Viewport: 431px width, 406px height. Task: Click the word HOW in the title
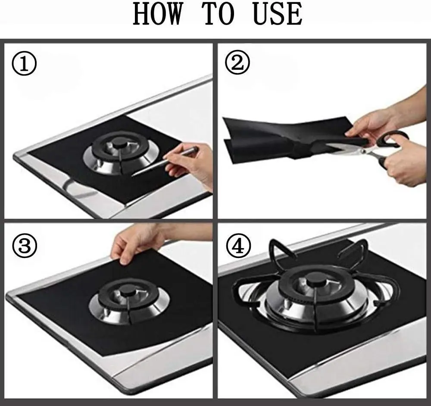pyautogui.click(x=157, y=14)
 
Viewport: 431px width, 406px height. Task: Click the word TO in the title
pyautogui.click(x=219, y=14)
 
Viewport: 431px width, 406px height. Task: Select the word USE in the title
pyautogui.click(x=278, y=14)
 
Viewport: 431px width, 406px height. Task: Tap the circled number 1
pyautogui.click(x=24, y=63)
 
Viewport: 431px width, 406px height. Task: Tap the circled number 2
pyautogui.click(x=237, y=63)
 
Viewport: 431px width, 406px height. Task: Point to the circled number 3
pyautogui.click(x=25, y=246)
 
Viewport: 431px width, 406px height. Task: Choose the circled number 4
pyautogui.click(x=238, y=246)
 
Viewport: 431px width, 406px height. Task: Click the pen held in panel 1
pyautogui.click(x=165, y=161)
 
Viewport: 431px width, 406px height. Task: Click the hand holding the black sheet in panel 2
pyautogui.click(x=382, y=118)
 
